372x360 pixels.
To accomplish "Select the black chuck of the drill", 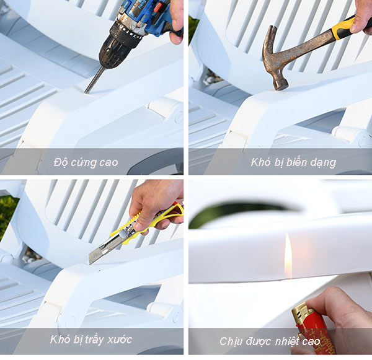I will click(115, 47).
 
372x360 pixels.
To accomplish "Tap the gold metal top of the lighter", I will click(302, 310).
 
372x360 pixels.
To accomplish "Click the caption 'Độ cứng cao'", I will click(86, 163).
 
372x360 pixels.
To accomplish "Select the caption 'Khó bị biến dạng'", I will click(293, 163).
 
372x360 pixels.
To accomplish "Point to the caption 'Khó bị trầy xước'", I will click(91, 339).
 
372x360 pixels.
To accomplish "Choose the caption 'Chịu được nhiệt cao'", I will click(270, 341).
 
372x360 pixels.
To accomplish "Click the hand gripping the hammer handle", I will click(362, 15).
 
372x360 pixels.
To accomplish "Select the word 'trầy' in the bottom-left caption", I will click(99, 339).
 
